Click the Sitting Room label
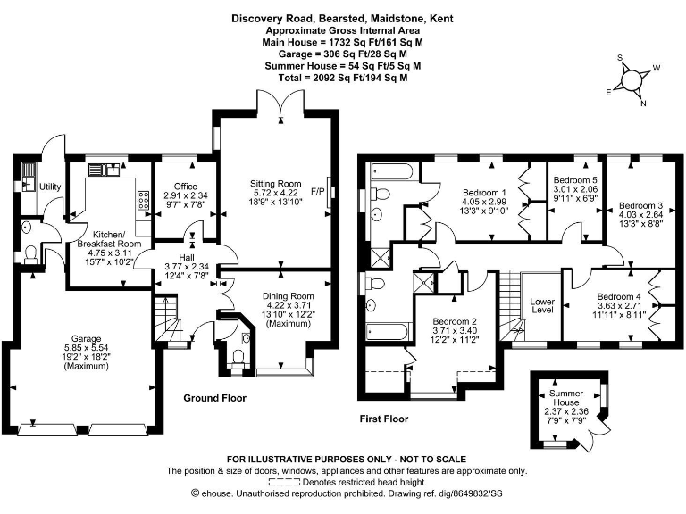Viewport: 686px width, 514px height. pos(276,184)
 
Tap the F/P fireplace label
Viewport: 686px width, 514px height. pos(318,191)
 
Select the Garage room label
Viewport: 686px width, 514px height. pos(86,339)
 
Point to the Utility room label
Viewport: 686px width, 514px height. pos(50,187)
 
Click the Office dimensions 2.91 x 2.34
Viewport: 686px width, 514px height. pos(186,195)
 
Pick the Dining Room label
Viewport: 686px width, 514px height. pos(288,296)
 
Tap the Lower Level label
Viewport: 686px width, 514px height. pos(542,305)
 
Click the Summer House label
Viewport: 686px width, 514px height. pos(566,398)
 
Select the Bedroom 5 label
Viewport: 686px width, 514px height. pos(575,180)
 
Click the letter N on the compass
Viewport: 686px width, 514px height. pos(643,104)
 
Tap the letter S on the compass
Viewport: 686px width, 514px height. pos(620,58)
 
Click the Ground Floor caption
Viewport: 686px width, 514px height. pos(214,398)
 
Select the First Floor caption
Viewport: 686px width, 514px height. pos(384,419)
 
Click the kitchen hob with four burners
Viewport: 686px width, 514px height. pos(144,200)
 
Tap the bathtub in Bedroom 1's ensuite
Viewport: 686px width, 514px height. pos(391,171)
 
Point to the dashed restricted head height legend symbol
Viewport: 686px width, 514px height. pos(284,483)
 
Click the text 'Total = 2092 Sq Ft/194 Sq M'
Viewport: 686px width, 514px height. pos(343,78)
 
